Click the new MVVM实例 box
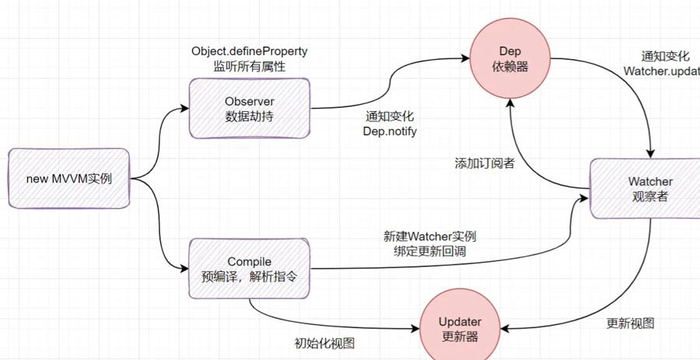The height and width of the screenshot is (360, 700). [68, 179]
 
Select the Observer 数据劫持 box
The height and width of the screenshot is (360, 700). [250, 109]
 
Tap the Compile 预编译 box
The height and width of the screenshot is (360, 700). [249, 268]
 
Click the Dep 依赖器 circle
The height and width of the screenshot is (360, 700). [509, 59]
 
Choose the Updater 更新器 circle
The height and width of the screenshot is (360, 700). [460, 329]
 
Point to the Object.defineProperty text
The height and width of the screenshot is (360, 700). [249, 51]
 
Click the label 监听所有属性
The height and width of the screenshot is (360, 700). [249, 67]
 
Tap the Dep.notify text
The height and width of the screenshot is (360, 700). [390, 131]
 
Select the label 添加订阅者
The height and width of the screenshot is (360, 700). [484, 164]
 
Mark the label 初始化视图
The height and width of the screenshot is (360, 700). [324, 343]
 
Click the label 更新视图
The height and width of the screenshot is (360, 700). [630, 323]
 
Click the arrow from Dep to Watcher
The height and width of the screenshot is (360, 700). [622, 86]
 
